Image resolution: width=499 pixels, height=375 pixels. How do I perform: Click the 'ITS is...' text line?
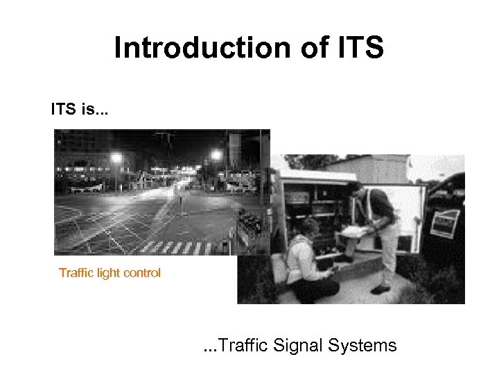(x=78, y=109)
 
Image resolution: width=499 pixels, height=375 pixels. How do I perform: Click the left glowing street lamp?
(x=116, y=158)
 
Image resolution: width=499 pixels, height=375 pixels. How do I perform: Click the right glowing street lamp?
(x=217, y=155)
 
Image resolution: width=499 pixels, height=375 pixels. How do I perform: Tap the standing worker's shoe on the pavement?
(x=380, y=289)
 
